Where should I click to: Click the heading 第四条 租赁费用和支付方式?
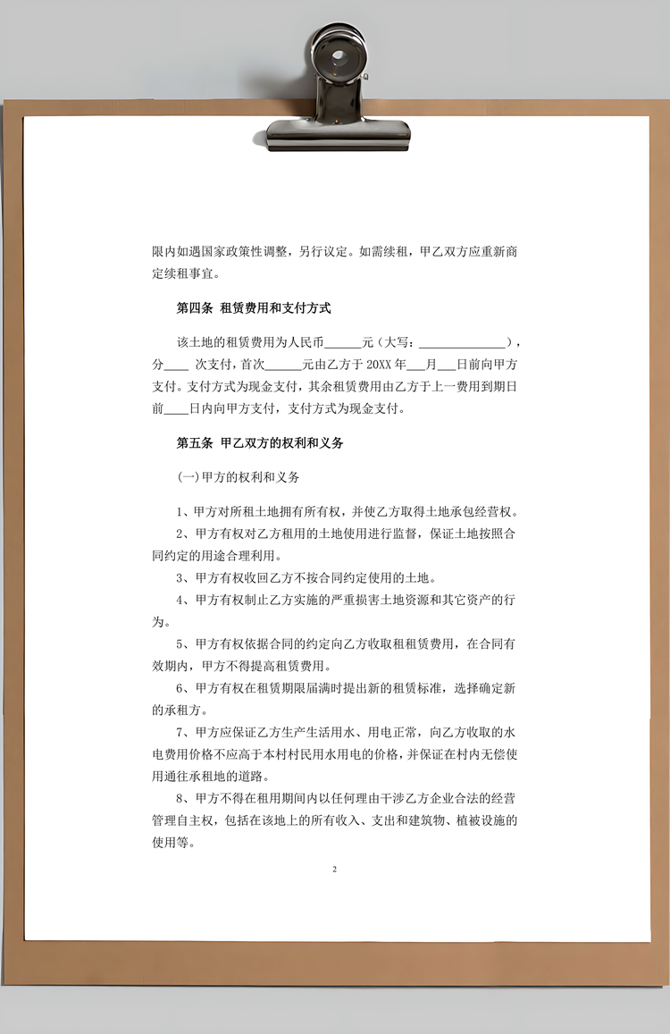254,308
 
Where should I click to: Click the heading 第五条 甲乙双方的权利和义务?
260,443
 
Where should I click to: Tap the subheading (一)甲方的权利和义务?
239,478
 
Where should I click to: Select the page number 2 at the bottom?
334,869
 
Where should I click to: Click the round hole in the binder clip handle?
339,58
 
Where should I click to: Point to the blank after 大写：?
462,343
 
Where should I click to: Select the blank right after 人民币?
343,343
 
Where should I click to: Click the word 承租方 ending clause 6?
167,710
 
